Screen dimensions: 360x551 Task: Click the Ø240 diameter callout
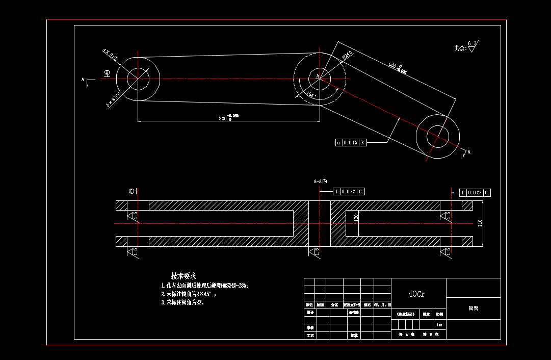pyautogui.click(x=348, y=56)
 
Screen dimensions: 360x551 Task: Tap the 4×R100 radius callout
pyautogui.click(x=111, y=55)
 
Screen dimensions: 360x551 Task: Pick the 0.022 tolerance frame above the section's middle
pyautogui.click(x=349, y=192)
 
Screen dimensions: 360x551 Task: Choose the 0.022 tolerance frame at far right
pyautogui.click(x=475, y=193)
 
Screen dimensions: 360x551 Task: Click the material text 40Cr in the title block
pyautogui.click(x=417, y=294)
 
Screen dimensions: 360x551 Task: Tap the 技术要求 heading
pyautogui.click(x=184, y=276)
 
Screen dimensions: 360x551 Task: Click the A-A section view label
pyautogui.click(x=320, y=181)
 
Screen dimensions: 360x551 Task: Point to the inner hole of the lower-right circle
pyautogui.click(x=438, y=136)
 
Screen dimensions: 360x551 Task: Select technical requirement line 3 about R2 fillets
pyautogui.click(x=182, y=302)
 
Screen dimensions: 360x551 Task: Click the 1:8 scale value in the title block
pyautogui.click(x=439, y=324)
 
